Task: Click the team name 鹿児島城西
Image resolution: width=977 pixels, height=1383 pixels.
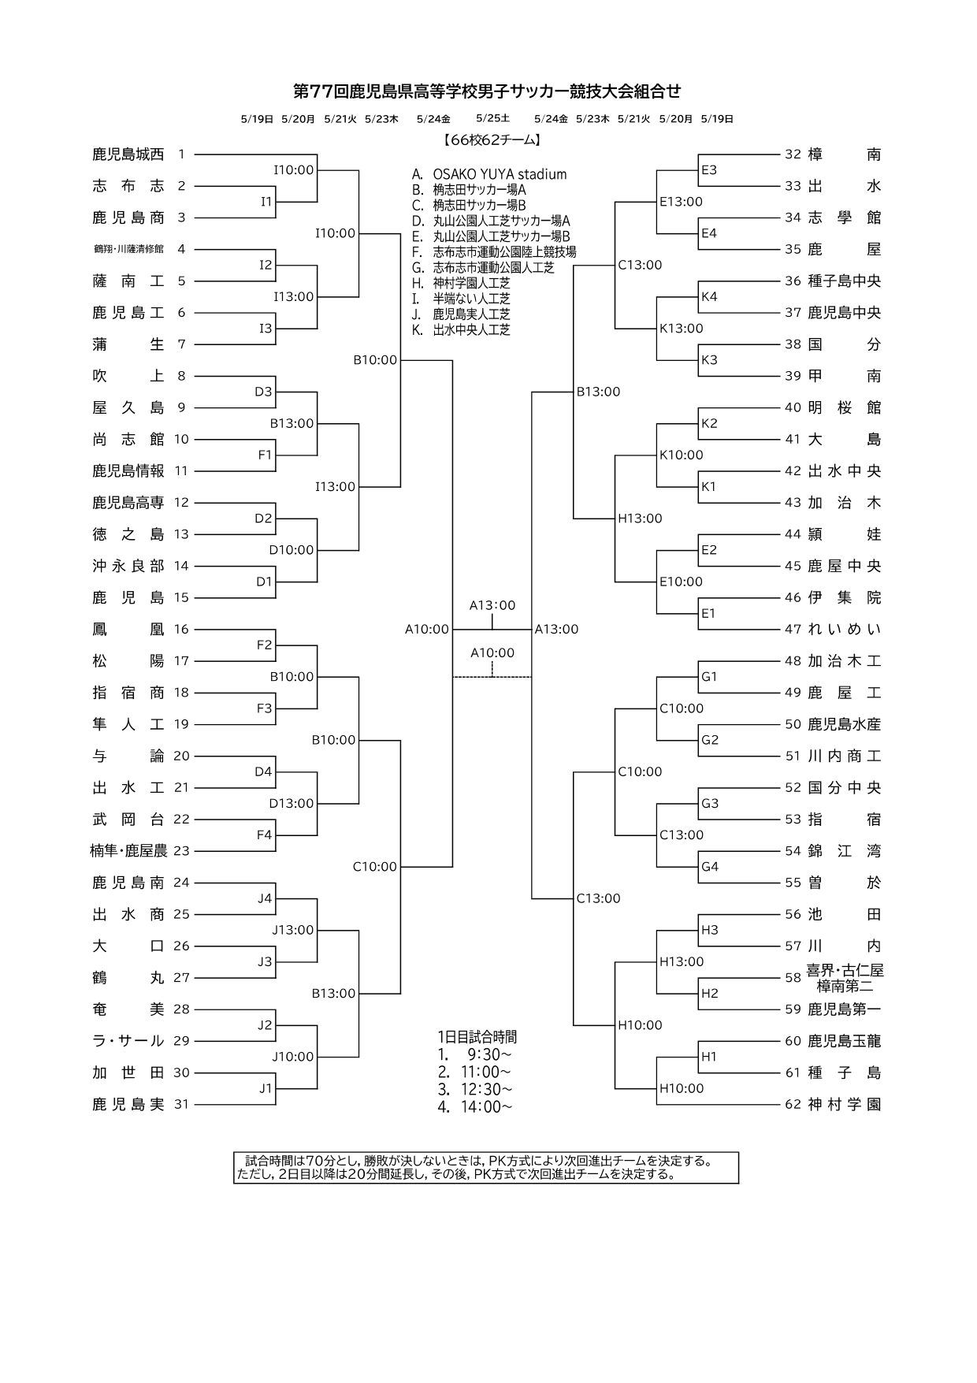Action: tap(128, 154)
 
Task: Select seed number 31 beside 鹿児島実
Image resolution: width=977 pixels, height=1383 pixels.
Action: tap(181, 1105)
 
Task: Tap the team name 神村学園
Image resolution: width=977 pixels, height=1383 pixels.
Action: tap(844, 1105)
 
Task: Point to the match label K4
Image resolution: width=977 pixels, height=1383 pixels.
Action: tap(709, 296)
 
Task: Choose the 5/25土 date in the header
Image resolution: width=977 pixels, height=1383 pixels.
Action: tap(492, 118)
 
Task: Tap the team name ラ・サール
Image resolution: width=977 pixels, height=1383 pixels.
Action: tap(128, 1041)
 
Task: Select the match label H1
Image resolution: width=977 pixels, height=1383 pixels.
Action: tap(709, 1057)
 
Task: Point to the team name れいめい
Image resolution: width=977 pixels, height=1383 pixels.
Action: tap(844, 629)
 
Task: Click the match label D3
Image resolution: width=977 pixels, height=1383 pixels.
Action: tap(263, 392)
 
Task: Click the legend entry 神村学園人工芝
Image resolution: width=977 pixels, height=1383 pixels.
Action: tap(471, 283)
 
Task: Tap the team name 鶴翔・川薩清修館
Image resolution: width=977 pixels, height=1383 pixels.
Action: tap(128, 249)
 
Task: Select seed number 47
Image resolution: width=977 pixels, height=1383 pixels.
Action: tap(793, 629)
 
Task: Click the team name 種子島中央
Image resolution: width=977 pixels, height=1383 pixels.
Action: tap(844, 281)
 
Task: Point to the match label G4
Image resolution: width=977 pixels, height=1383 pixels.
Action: tap(709, 867)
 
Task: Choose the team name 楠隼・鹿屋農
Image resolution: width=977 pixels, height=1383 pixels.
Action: tap(128, 851)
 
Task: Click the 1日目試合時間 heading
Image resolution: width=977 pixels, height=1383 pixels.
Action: tap(477, 1037)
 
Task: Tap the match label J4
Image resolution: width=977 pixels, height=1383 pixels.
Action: tap(265, 898)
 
